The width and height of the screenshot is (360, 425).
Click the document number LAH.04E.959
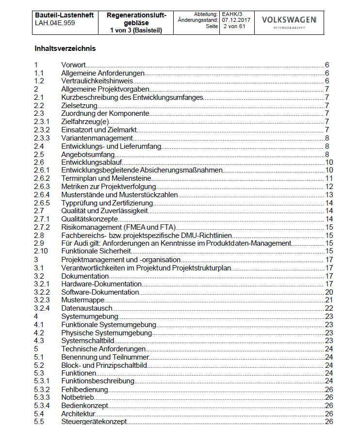55,23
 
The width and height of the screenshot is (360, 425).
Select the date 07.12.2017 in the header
236,20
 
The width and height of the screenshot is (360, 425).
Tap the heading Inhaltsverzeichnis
65,48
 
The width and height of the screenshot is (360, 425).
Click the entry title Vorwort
74,65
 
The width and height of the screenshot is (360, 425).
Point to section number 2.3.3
42,138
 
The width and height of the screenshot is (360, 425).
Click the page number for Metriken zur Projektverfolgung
328,186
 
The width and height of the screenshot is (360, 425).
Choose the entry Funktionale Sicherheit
97,251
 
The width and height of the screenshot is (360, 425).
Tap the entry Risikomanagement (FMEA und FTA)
118,227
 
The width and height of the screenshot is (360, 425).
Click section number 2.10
41,251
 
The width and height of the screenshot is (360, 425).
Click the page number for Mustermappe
328,300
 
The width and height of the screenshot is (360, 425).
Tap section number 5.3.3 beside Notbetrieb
42,397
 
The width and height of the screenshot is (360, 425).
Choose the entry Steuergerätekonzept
94,422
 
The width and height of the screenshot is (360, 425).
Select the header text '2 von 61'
235,26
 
